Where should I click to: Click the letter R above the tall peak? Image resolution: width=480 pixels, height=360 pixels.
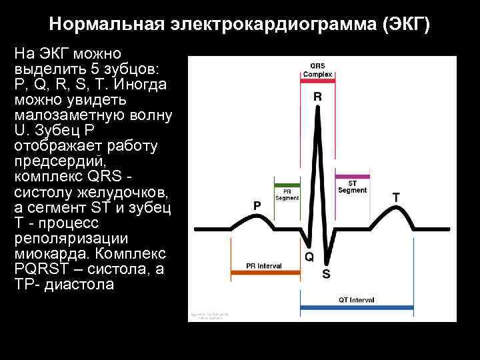[317, 97]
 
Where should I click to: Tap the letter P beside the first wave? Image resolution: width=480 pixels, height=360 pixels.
[257, 206]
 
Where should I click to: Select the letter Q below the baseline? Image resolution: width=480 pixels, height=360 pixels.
[309, 256]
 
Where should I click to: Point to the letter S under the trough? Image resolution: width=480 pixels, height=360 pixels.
[326, 273]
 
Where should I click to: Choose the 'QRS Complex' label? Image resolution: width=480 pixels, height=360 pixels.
[317, 70]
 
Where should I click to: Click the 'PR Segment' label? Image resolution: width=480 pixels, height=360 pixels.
[287, 194]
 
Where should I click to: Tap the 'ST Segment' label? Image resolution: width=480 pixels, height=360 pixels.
[352, 187]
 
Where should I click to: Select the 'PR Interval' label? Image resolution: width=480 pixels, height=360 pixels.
[264, 266]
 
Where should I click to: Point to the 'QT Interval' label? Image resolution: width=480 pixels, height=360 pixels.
[357, 299]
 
